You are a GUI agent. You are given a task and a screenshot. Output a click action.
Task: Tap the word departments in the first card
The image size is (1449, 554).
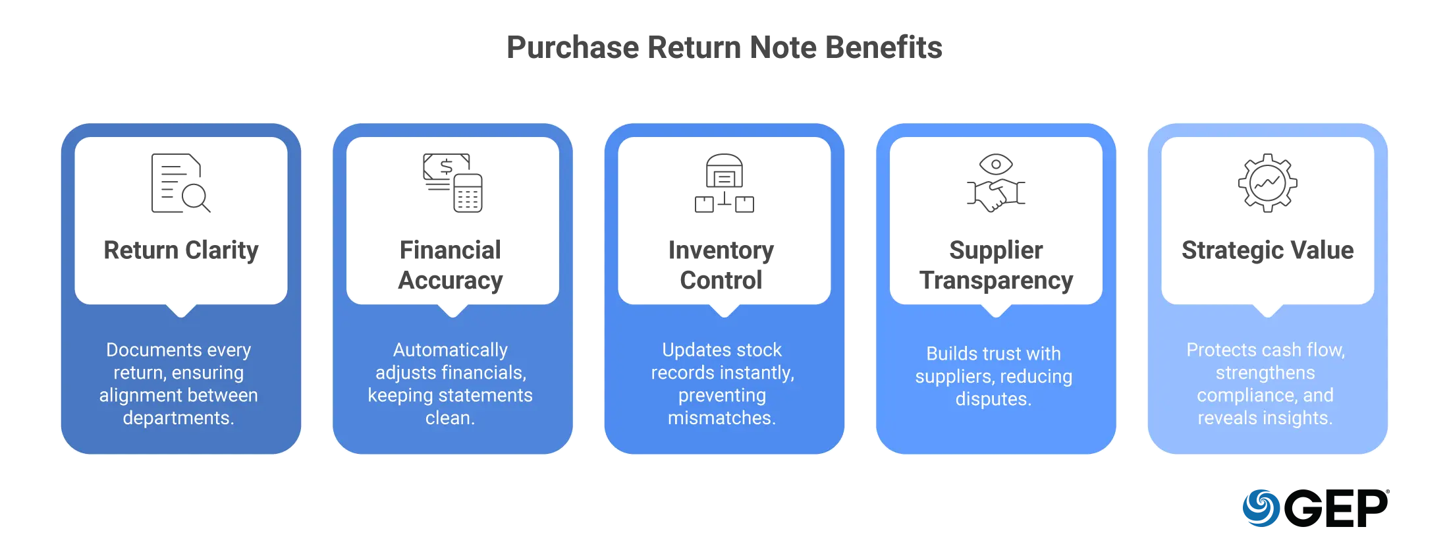click(177, 418)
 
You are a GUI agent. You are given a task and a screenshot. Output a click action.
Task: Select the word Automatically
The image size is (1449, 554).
click(451, 350)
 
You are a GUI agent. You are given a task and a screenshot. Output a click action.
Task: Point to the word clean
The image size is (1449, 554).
click(451, 418)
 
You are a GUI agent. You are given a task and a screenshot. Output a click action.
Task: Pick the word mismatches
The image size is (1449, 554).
click(721, 418)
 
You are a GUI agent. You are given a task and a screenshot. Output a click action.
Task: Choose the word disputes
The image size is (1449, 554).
click(993, 399)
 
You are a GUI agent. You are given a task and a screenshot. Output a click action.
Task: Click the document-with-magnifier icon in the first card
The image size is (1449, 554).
click(178, 184)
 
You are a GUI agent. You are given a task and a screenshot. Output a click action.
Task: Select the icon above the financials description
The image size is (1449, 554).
click(453, 184)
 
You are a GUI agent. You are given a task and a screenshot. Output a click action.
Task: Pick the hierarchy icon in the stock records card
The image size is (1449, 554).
click(724, 184)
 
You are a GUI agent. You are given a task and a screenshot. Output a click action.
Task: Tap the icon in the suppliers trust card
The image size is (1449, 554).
click(996, 184)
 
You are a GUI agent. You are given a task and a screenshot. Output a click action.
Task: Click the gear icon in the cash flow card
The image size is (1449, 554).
click(1268, 184)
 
